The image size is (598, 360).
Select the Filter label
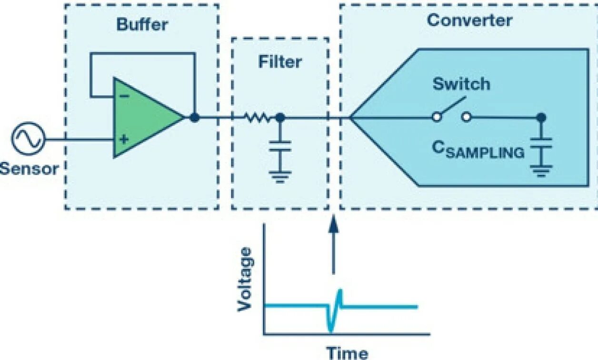pos(280,62)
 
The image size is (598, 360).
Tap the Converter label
pos(469,20)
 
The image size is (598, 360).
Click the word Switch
pos(461,84)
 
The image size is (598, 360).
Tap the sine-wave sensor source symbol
pos(28,139)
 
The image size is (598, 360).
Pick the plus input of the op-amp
pos(124,140)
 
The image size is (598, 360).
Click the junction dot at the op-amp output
pos(194,117)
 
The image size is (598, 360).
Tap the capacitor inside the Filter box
pos(280,145)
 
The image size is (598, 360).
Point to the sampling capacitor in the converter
pos(540,143)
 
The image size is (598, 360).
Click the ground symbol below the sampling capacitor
pos(540,170)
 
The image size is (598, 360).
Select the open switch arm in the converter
pos(452,108)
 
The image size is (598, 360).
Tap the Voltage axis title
pos(245,279)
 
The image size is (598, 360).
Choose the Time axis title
pos(347,353)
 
